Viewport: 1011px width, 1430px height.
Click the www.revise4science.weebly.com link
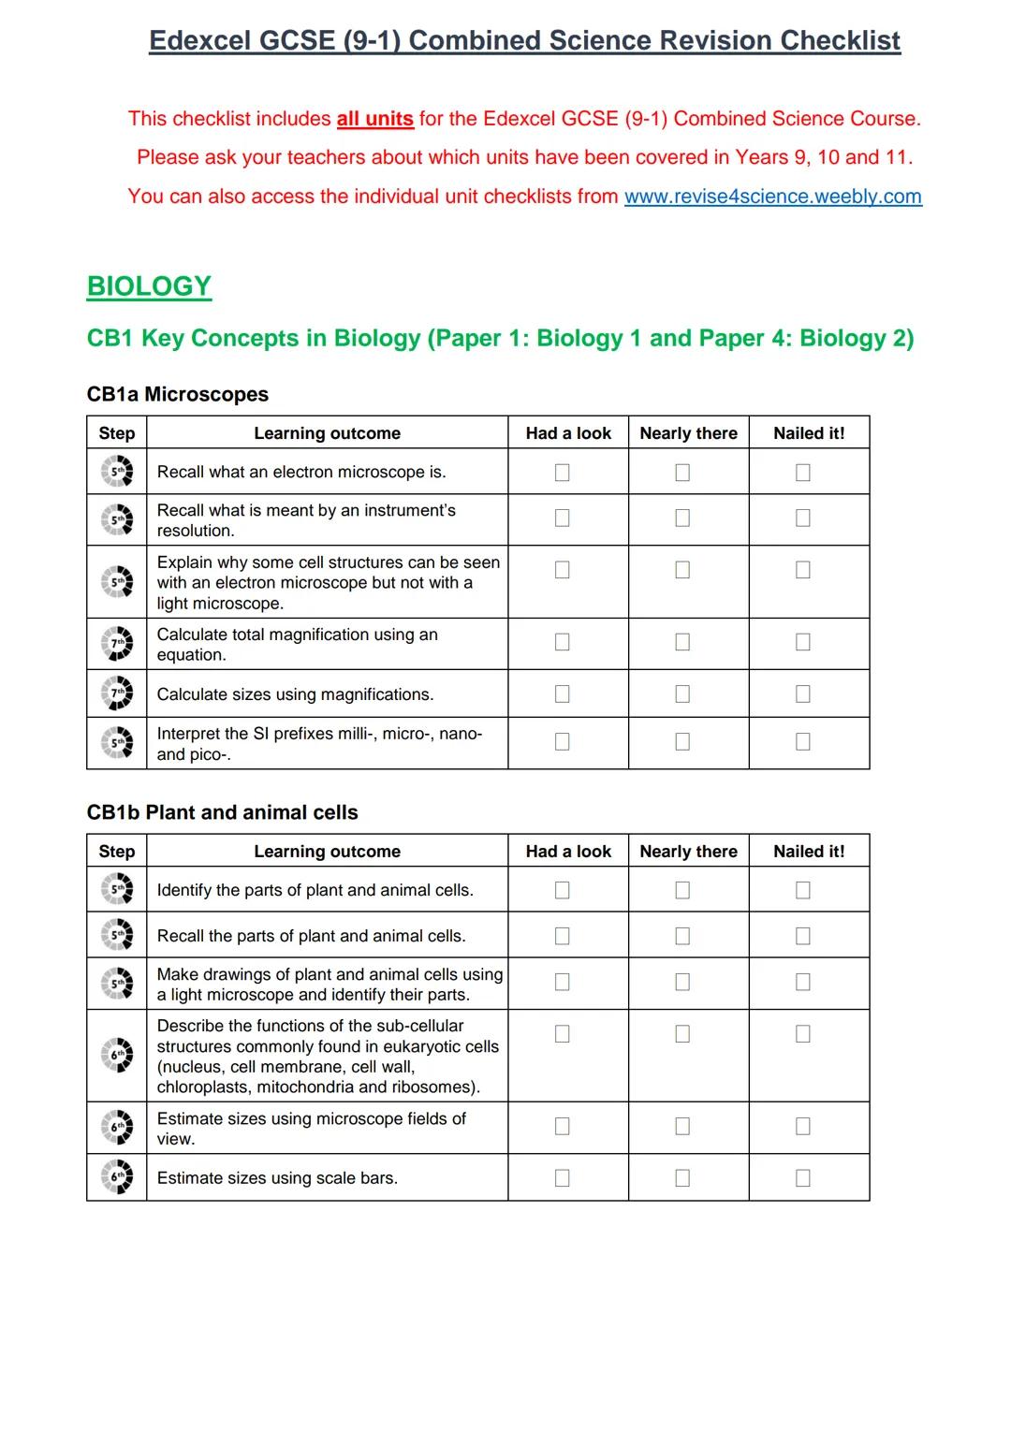(x=772, y=197)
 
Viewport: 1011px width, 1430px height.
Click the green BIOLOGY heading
(x=149, y=286)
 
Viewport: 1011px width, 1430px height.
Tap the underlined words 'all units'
(x=374, y=119)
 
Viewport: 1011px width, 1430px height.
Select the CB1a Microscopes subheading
(x=177, y=394)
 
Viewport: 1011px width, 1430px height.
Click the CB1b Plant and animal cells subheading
(x=222, y=812)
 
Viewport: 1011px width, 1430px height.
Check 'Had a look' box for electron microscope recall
(x=562, y=473)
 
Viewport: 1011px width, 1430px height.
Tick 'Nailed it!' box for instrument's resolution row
(x=802, y=518)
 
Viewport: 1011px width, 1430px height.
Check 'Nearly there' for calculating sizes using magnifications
(x=682, y=693)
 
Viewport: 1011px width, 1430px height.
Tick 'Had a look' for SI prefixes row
(x=562, y=741)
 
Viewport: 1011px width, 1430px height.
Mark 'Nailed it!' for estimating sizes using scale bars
(x=802, y=1178)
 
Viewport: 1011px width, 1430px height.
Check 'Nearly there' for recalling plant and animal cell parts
(x=682, y=936)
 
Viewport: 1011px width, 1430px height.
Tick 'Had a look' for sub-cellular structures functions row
(x=562, y=1034)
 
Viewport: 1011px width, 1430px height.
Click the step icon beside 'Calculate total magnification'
(x=117, y=643)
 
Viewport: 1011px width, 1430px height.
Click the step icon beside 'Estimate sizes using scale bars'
(x=117, y=1176)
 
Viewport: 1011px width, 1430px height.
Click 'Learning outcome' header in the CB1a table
(x=327, y=433)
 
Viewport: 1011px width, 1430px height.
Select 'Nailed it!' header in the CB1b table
(x=808, y=852)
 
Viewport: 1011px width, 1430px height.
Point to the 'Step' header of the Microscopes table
(x=117, y=433)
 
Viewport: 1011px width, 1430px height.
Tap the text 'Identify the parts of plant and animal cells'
(x=315, y=890)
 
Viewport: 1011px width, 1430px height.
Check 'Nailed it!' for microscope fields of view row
(x=802, y=1126)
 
